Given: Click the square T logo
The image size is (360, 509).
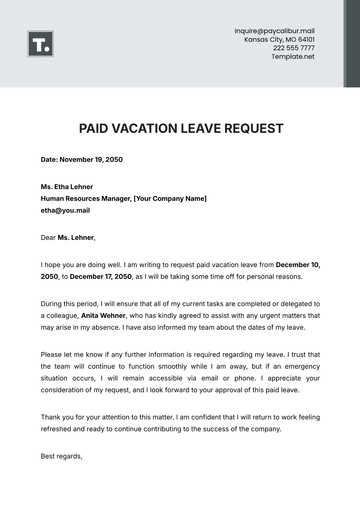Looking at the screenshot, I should [x=41, y=44].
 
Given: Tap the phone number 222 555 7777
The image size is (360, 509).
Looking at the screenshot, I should [x=293, y=48].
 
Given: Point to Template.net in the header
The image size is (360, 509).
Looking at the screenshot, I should [x=293, y=56].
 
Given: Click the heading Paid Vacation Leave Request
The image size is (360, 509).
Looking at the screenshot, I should [x=180, y=128].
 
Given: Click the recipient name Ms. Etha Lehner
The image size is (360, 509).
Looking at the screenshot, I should [x=67, y=187].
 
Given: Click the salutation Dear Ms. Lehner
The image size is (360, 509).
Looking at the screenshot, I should [x=68, y=237].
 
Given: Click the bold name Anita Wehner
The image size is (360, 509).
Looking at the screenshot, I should [x=98, y=314].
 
